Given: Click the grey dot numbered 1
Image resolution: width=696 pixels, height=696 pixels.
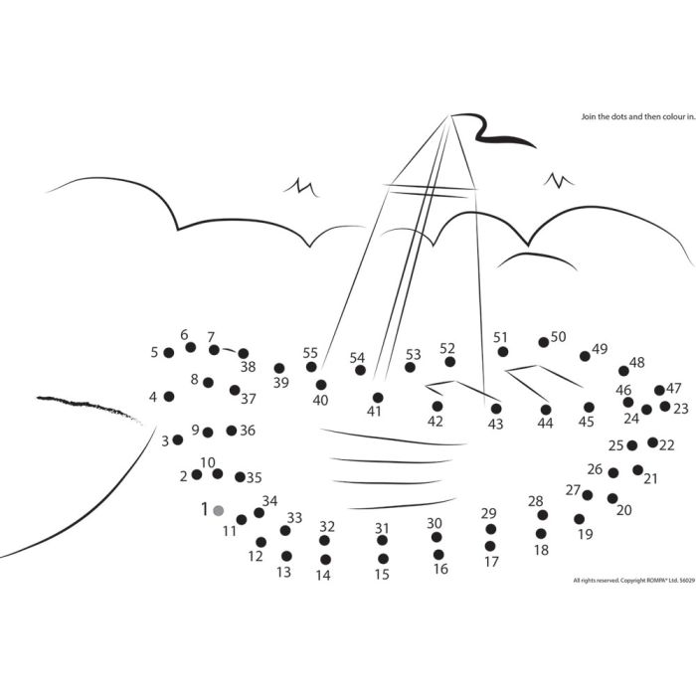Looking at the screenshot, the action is tap(219, 510).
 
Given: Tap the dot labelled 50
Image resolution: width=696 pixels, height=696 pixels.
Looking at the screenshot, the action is tap(544, 342).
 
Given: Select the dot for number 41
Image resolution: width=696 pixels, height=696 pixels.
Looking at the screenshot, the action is tap(378, 398).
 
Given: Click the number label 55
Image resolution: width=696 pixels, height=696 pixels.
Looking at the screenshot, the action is tap(310, 353).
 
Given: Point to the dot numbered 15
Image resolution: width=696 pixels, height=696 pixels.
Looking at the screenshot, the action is tap(384, 559).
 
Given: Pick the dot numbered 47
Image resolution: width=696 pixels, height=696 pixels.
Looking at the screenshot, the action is tap(659, 390).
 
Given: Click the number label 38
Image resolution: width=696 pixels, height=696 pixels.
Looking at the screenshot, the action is tap(249, 367).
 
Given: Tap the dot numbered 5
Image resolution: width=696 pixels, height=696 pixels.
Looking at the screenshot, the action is tap(169, 353).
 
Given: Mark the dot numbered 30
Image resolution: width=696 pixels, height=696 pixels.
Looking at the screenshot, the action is tap(436, 538).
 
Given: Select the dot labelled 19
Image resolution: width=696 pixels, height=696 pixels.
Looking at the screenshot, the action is tap(580, 519).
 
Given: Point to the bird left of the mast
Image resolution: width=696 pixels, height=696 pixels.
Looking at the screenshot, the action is tap(301, 187).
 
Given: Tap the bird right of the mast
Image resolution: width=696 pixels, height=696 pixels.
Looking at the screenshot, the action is tap(559, 180).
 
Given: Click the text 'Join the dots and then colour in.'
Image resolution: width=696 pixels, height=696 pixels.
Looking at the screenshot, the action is tap(638, 116).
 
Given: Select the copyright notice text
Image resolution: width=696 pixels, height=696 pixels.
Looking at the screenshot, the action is tap(631, 580).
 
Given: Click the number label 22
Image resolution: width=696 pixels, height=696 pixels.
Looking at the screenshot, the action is tap(667, 444).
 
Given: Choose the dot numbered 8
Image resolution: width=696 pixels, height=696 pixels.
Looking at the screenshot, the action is tap(208, 383).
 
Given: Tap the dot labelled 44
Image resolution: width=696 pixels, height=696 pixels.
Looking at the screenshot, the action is tap(546, 410).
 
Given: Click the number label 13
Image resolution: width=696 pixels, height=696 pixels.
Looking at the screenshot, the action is tap(283, 572).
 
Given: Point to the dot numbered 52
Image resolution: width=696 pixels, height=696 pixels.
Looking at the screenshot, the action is tap(450, 362).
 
